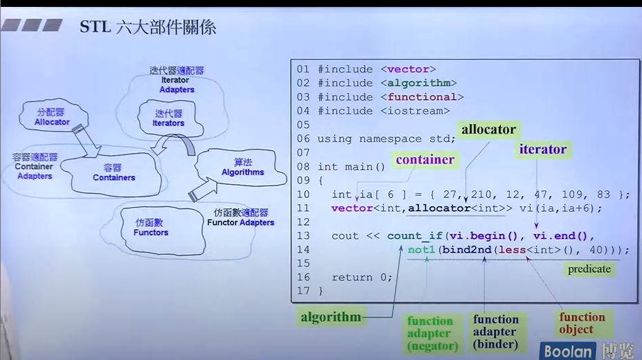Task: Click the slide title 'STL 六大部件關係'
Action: tap(148, 28)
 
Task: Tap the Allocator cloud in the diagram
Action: tap(53, 117)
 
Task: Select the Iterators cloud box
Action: tap(168, 118)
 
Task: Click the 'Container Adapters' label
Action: tap(35, 166)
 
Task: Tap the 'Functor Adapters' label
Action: tap(240, 218)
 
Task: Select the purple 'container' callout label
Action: tap(425, 160)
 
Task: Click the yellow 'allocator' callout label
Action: tap(489, 129)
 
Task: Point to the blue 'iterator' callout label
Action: tap(543, 149)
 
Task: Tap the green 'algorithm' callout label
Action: tap(331, 317)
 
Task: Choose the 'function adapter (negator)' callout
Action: tap(430, 333)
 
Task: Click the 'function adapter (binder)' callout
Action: tap(496, 332)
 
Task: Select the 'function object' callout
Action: tap(582, 323)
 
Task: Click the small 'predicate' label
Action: tap(589, 269)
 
